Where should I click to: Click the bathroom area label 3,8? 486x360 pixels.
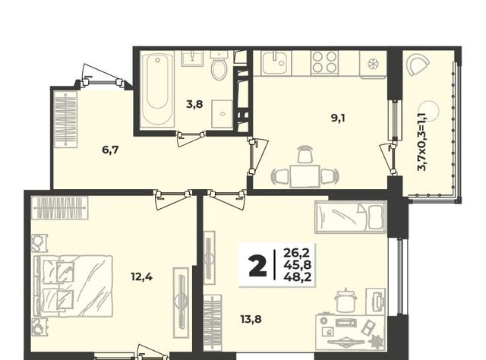click(x=194, y=104)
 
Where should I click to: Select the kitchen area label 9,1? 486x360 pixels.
click(x=338, y=118)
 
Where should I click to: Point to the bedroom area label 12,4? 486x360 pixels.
click(x=141, y=276)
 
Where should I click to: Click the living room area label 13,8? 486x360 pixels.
click(x=251, y=318)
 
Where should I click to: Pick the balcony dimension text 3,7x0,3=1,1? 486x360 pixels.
click(x=422, y=141)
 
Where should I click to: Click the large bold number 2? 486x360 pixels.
click(x=257, y=267)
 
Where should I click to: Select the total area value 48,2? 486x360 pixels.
click(x=297, y=276)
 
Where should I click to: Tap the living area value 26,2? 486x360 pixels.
click(x=297, y=253)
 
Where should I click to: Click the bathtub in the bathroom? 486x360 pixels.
click(x=157, y=90)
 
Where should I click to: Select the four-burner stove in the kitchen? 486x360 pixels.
click(x=324, y=62)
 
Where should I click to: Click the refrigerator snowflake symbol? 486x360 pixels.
click(x=371, y=65)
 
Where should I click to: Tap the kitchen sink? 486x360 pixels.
click(x=276, y=63)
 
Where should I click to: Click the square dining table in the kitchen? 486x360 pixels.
click(x=305, y=176)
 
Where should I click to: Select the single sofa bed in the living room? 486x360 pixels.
click(x=351, y=216)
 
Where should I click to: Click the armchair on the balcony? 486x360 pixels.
click(x=417, y=65)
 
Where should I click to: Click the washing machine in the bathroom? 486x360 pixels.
click(x=222, y=114)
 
